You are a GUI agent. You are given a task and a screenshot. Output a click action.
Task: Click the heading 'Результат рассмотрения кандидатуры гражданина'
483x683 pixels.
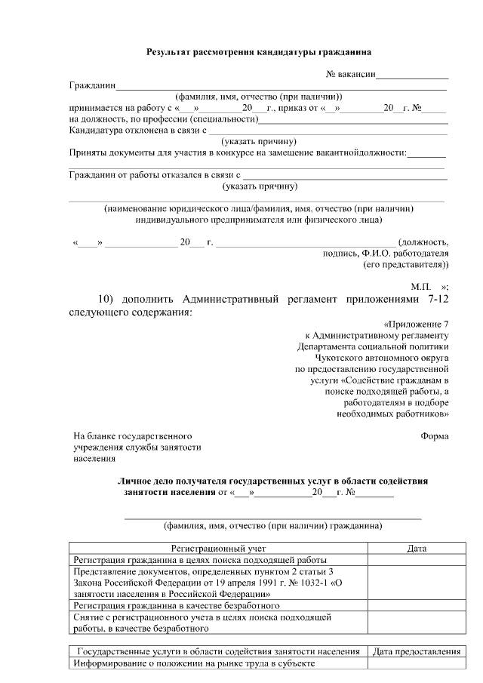pos(258,53)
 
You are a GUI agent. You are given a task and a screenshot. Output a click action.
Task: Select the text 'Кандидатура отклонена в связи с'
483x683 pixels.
pos(138,131)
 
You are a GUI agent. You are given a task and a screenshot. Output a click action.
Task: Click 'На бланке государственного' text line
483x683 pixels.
pos(132,436)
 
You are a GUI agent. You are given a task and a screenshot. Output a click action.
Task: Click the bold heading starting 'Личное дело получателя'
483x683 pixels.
pos(272,481)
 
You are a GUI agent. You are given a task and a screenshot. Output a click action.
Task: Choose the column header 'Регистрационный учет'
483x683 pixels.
pos(217,549)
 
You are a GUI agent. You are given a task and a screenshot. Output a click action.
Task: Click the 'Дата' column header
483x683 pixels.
pos(417,549)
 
